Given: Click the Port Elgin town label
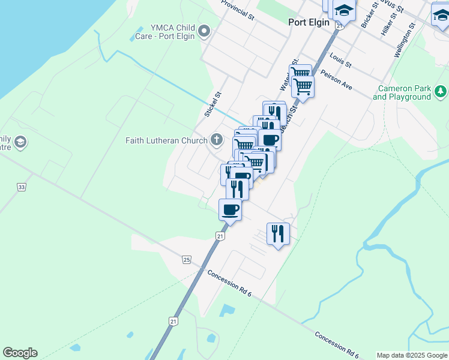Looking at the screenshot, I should pyautogui.click(x=309, y=22).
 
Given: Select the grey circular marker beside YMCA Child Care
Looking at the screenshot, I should pyautogui.click(x=204, y=31).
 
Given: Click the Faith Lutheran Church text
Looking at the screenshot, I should pyautogui.click(x=166, y=141).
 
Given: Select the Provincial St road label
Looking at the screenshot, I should pyautogui.click(x=238, y=10).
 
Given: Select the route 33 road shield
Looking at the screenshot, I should pyautogui.click(x=22, y=187).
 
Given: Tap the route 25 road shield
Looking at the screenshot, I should pyautogui.click(x=186, y=259).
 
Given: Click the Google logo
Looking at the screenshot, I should pyautogui.click(x=20, y=353).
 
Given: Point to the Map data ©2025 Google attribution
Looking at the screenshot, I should pyautogui.click(x=412, y=355).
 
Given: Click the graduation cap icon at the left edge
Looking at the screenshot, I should pyautogui.click(x=20, y=142).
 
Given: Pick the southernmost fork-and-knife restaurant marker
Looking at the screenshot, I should pyautogui.click(x=278, y=233).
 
